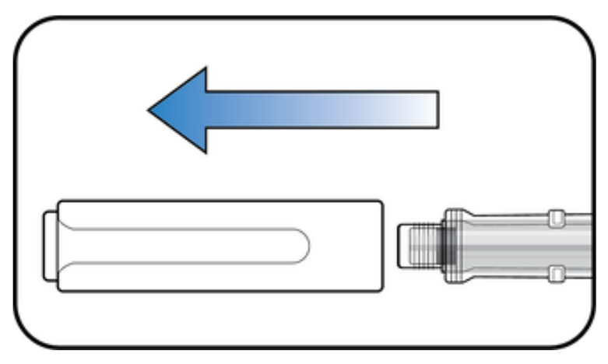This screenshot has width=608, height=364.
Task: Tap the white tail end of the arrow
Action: [434, 109]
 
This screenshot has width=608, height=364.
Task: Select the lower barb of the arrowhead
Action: [205, 148]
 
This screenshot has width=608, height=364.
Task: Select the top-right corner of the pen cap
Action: [380, 203]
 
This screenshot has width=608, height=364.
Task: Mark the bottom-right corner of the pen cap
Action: [380, 290]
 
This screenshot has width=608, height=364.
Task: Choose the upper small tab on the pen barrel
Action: [556, 219]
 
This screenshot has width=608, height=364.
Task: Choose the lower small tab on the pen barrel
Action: [556, 273]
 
